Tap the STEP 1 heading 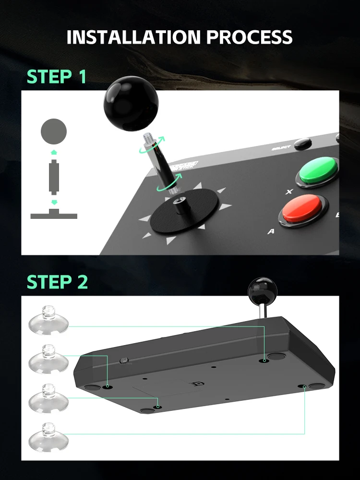coord(57,77)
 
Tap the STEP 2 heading coord(57,282)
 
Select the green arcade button coord(318,171)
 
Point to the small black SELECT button coord(302,144)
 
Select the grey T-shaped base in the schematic coord(54,215)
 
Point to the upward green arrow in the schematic coord(54,151)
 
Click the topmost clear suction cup coord(48,319)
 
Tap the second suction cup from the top coord(48,358)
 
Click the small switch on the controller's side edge coord(123,360)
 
